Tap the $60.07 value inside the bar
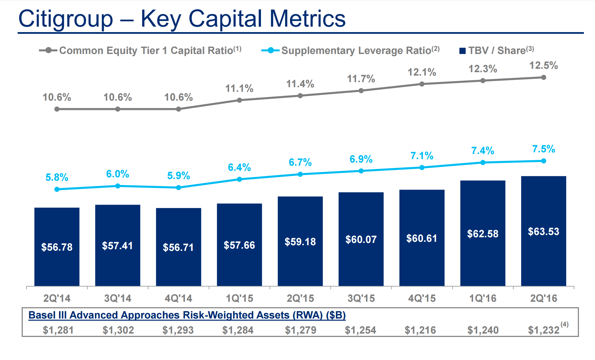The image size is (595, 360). tap(361, 240)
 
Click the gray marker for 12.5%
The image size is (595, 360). tap(543, 77)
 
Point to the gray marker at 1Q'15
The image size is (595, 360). tap(239, 100)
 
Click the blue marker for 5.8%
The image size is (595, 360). tap(57, 189)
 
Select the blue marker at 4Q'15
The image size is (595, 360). tap(422, 168)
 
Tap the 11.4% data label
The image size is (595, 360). tap(300, 84)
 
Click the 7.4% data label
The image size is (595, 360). tap(482, 151)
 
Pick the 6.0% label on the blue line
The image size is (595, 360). tap(117, 174)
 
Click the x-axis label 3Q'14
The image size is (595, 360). tap(117, 298)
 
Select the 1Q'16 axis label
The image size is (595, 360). tap(482, 298)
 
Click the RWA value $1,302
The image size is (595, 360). tap(118, 330)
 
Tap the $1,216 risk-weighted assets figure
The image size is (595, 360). tap(420, 330)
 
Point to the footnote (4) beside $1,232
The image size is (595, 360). tap(564, 324)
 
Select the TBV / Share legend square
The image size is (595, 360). tap(462, 51)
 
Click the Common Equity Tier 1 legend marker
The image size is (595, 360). tap(49, 51)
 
